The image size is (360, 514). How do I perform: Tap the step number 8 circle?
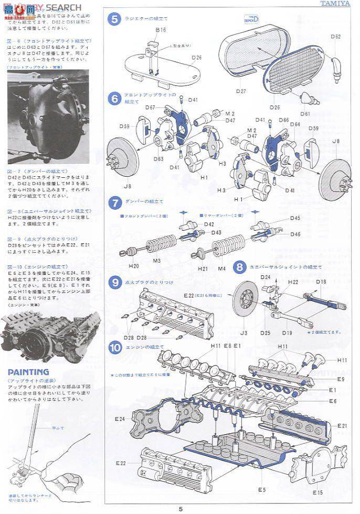[239, 267]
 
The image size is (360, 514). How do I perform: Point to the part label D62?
[336, 37]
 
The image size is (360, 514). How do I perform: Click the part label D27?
[241, 91]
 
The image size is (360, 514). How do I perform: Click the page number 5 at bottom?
[180, 508]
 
